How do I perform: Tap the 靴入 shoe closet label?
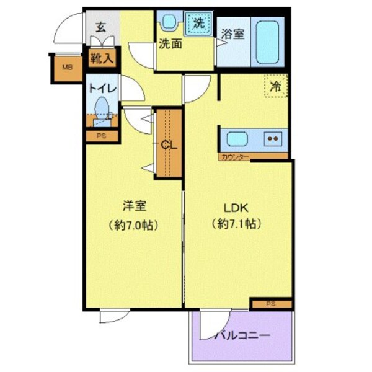click(102, 60)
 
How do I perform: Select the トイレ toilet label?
click(102, 88)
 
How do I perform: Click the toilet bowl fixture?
click(100, 110)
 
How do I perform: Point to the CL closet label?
click(169, 144)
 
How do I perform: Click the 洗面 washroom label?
click(170, 44)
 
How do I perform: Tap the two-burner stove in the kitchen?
click(273, 138)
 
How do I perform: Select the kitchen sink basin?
click(238, 138)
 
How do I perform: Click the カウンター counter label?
click(235, 157)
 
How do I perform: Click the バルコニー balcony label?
click(242, 335)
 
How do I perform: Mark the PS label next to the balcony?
click(270, 304)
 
